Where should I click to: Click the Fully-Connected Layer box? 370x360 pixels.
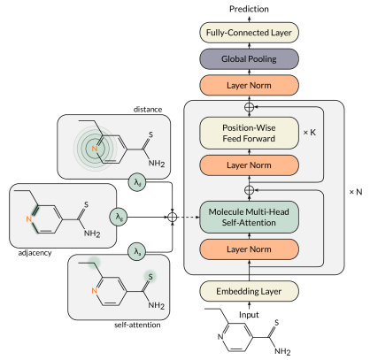249,33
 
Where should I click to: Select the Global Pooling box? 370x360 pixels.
249,59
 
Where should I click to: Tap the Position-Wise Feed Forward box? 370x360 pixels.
249,133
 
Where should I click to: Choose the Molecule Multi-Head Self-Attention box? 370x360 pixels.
249,217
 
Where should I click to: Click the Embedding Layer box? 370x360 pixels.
249,291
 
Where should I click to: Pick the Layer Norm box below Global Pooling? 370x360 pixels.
249,85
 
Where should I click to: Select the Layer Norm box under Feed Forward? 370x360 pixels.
249,165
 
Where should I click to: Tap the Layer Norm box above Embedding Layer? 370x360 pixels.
249,249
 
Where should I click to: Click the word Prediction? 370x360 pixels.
249,9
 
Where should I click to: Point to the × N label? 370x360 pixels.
356,192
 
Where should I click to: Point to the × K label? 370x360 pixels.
310,133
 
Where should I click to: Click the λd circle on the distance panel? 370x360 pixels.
137,182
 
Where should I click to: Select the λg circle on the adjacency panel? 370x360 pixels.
119,217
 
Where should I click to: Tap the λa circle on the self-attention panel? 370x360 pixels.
137,251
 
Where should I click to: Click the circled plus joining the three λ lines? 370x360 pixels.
173,218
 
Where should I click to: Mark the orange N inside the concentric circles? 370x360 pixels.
95,149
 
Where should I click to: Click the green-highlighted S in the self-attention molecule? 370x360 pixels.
150,277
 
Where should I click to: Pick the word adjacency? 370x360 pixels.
35,253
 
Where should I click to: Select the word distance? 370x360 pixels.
148,110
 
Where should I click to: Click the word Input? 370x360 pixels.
249,315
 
